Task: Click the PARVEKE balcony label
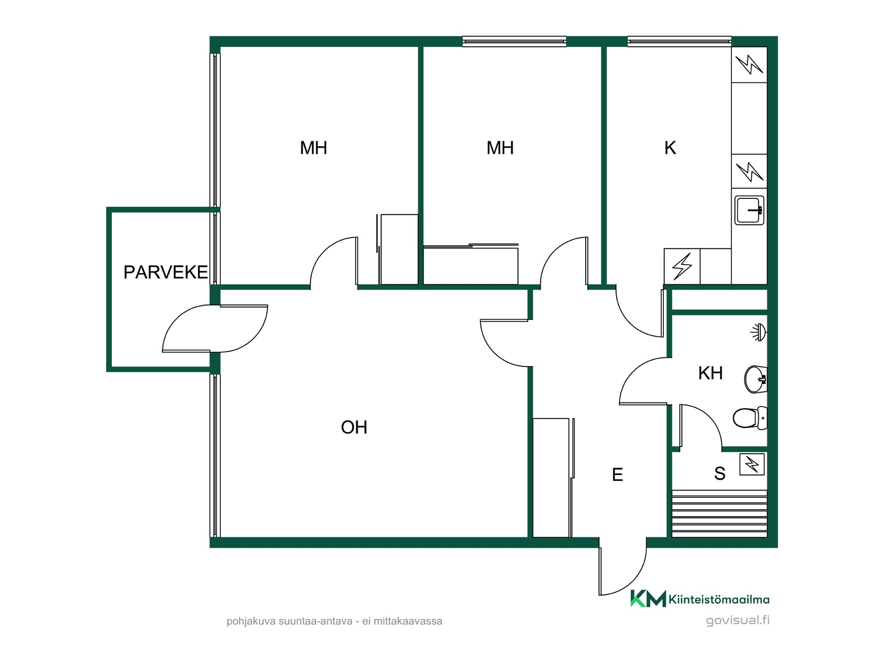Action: coord(165,272)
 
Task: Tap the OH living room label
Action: coord(354,427)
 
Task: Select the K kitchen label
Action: coord(670,148)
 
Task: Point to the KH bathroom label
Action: coord(710,373)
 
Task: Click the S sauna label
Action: coord(720,473)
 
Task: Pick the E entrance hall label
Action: coord(617,474)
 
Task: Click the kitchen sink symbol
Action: coord(749,210)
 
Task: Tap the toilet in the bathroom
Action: coord(750,418)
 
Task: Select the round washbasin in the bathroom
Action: coord(756,379)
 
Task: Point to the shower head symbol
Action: coord(758,331)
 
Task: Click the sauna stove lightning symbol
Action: coord(752,464)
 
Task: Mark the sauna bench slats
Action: coord(720,513)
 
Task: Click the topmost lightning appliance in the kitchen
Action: coord(749,64)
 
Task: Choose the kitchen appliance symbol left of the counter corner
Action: coord(682,267)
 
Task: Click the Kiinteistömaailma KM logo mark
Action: coord(648,599)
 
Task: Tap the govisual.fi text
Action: coord(738,620)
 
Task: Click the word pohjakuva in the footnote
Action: coord(251,621)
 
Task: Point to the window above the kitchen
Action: coord(680,41)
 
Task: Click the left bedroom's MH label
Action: coord(314,148)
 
